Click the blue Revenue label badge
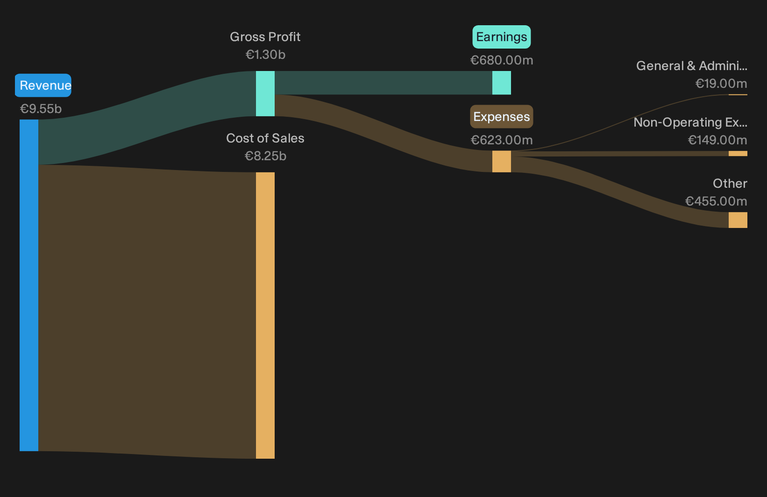pyautogui.click(x=43, y=85)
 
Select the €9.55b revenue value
pyautogui.click(x=41, y=109)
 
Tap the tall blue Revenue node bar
pyautogui.click(x=29, y=285)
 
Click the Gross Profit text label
pyautogui.click(x=265, y=37)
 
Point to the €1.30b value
pyautogui.click(x=265, y=55)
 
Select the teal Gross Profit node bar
pyautogui.click(x=265, y=93)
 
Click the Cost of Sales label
pyautogui.click(x=265, y=138)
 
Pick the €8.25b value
pyautogui.click(x=265, y=156)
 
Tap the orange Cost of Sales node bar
pyautogui.click(x=265, y=315)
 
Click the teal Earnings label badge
pyautogui.click(x=502, y=37)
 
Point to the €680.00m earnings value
pyautogui.click(x=502, y=60)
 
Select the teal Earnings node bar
pyautogui.click(x=502, y=83)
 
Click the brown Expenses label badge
pyautogui.click(x=502, y=117)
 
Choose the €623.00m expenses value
pyautogui.click(x=502, y=140)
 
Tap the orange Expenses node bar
pyautogui.click(x=502, y=161)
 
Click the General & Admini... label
pyautogui.click(x=692, y=66)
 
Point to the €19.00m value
pyautogui.click(x=721, y=84)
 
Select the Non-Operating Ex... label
pyautogui.click(x=690, y=123)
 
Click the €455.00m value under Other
pyautogui.click(x=716, y=201)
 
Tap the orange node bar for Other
pyautogui.click(x=738, y=220)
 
